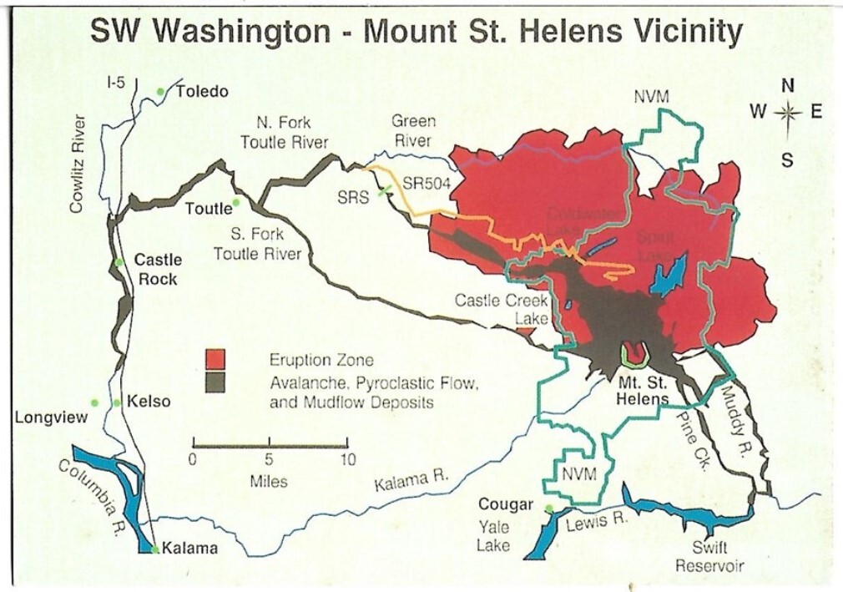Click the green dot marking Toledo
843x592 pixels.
click(160, 91)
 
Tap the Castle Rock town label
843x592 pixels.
click(158, 269)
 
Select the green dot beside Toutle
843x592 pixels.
click(236, 202)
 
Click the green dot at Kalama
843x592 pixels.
click(155, 549)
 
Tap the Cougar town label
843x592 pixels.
click(506, 504)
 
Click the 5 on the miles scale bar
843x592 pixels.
click(269, 458)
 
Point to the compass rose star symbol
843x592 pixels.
click(786, 113)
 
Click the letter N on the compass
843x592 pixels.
click(787, 85)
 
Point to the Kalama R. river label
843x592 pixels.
click(411, 482)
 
